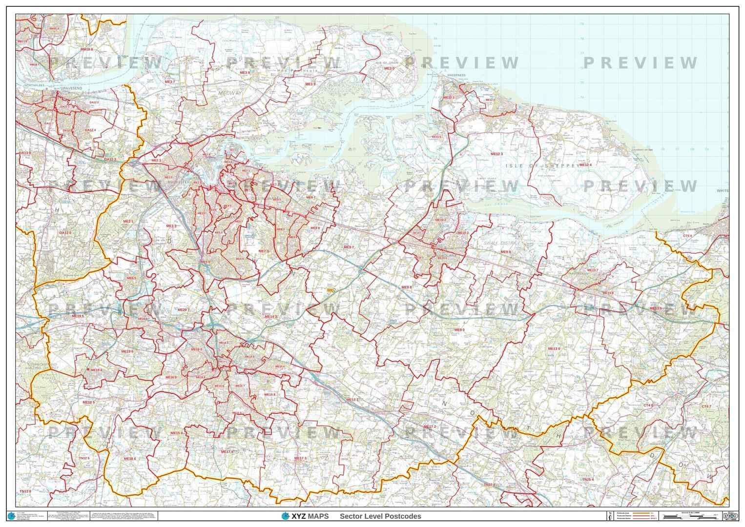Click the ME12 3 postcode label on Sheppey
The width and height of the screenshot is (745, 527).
tap(496, 154)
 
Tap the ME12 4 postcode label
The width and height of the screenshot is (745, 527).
tap(585, 165)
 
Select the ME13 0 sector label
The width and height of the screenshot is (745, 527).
tap(554, 349)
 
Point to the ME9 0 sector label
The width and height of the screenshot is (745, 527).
tap(459, 330)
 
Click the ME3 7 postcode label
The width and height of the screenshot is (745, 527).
tap(169, 82)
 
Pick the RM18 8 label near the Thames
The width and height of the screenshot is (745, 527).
tap(87, 49)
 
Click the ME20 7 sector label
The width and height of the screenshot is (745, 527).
tap(183, 310)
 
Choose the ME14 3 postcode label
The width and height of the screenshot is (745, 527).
tap(271, 317)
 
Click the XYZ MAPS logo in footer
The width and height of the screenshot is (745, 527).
tap(305, 516)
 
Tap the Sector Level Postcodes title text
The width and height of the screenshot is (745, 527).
tap(380, 516)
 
